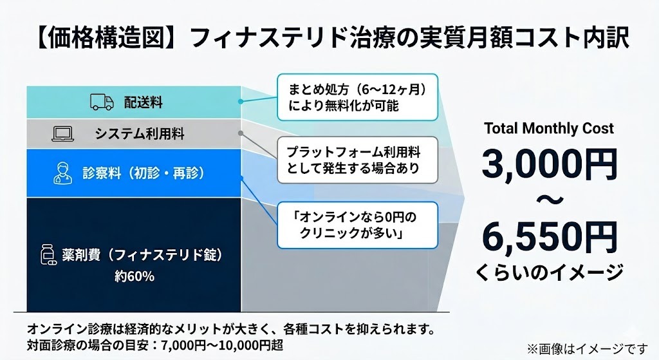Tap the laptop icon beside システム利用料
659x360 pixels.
(x=64, y=135)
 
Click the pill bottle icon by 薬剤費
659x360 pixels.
(x=45, y=256)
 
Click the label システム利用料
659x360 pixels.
(x=140, y=134)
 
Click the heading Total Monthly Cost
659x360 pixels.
(x=549, y=128)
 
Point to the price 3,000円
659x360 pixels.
(x=549, y=165)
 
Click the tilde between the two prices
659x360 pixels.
(x=549, y=202)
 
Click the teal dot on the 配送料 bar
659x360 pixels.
(x=240, y=102)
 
